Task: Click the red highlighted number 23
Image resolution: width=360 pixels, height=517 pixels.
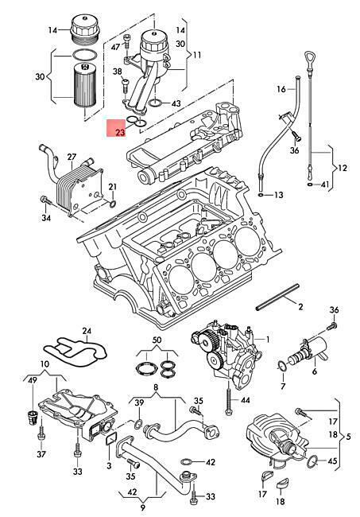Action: point(120,132)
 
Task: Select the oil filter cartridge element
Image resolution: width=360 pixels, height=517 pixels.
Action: point(85,84)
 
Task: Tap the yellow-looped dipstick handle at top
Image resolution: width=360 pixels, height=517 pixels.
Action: point(311,60)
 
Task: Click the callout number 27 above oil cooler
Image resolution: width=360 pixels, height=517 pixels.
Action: point(72,157)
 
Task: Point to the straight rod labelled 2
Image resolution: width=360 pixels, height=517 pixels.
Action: point(277,297)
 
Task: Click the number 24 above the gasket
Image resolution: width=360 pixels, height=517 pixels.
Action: point(87,330)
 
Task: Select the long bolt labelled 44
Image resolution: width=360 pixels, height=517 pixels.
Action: point(228,397)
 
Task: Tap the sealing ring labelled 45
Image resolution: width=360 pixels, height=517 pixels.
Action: point(312,461)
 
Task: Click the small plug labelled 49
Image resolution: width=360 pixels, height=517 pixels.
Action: point(32,418)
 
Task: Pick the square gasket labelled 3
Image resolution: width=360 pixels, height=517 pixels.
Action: point(111,439)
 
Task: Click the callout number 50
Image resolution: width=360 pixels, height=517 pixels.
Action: point(157,340)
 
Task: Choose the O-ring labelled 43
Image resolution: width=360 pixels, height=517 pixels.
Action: point(155,103)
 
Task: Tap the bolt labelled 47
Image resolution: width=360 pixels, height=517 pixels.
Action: point(127,42)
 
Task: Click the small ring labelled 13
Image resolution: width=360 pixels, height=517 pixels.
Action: point(261,196)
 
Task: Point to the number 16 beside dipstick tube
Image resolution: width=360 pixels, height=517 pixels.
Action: point(281,89)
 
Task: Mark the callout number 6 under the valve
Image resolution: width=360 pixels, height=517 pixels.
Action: point(315,371)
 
